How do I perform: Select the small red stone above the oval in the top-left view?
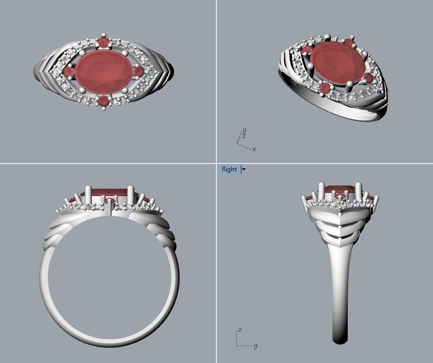(x=104, y=41)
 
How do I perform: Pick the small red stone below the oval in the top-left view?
(x=104, y=100)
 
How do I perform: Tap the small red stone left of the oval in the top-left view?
(x=69, y=71)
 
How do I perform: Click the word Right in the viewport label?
(x=229, y=169)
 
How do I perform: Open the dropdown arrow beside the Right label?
(x=244, y=169)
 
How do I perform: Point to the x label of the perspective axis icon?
(x=254, y=149)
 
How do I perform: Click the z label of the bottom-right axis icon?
(x=240, y=330)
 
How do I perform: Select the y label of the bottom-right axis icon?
(x=255, y=346)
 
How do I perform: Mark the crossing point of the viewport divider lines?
(x=216, y=163)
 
